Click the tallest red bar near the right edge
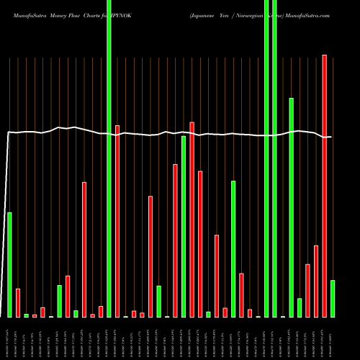(324, 186)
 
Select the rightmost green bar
(333, 299)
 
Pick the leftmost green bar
(9, 265)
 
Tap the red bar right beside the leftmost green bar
(18, 302)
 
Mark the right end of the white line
(330, 137)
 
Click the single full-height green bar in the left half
(109, 158)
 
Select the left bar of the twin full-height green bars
(266, 158)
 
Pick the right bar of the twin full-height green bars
(274, 158)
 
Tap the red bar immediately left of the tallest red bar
(316, 282)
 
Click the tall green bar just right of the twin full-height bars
(291, 207)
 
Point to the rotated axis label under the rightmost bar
(333, 338)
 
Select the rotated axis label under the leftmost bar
(9, 338)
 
